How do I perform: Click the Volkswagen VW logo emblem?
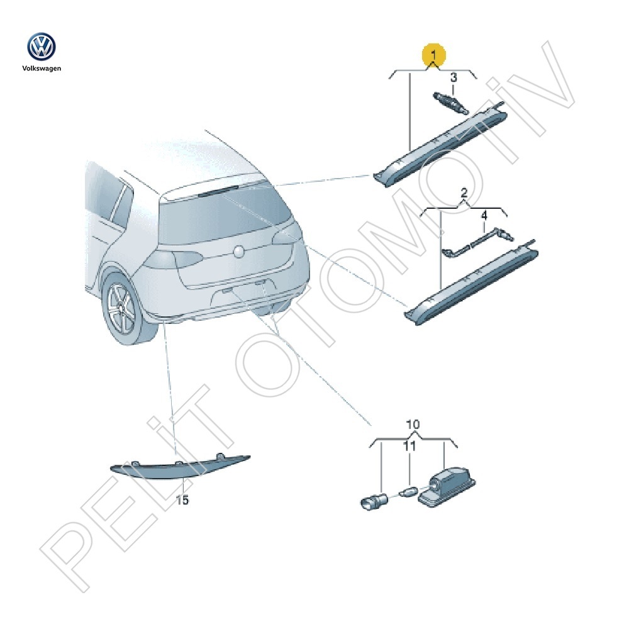click(42, 47)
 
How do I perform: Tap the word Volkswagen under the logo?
click(42, 69)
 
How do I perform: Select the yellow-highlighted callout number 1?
click(433, 55)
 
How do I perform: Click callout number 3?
click(454, 77)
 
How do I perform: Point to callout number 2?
click(464, 193)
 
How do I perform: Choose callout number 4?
click(484, 216)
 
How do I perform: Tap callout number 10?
click(413, 425)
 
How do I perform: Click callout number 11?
click(409, 446)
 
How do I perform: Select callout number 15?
click(182, 500)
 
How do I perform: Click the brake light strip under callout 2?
click(471, 282)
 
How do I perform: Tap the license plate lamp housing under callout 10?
click(447, 487)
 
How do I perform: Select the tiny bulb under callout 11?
click(409, 491)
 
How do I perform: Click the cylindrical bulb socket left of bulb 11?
click(374, 502)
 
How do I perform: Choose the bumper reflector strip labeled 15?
click(180, 467)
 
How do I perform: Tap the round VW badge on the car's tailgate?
click(239, 252)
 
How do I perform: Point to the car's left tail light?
click(173, 259)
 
